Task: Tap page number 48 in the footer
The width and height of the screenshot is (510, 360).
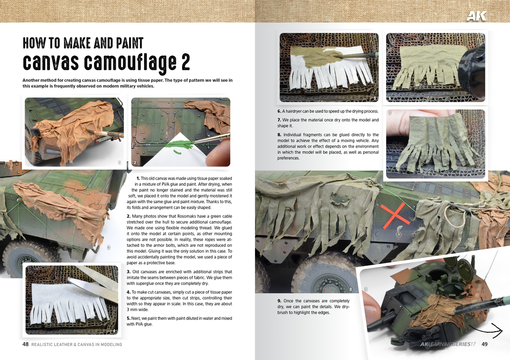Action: click(x=25, y=345)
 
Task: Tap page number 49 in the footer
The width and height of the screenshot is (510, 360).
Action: click(x=485, y=345)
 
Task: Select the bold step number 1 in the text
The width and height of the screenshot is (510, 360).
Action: click(x=138, y=178)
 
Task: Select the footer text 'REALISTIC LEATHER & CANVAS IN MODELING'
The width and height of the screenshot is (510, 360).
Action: click(x=77, y=345)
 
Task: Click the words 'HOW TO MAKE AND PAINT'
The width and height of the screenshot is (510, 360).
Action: click(x=83, y=43)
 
